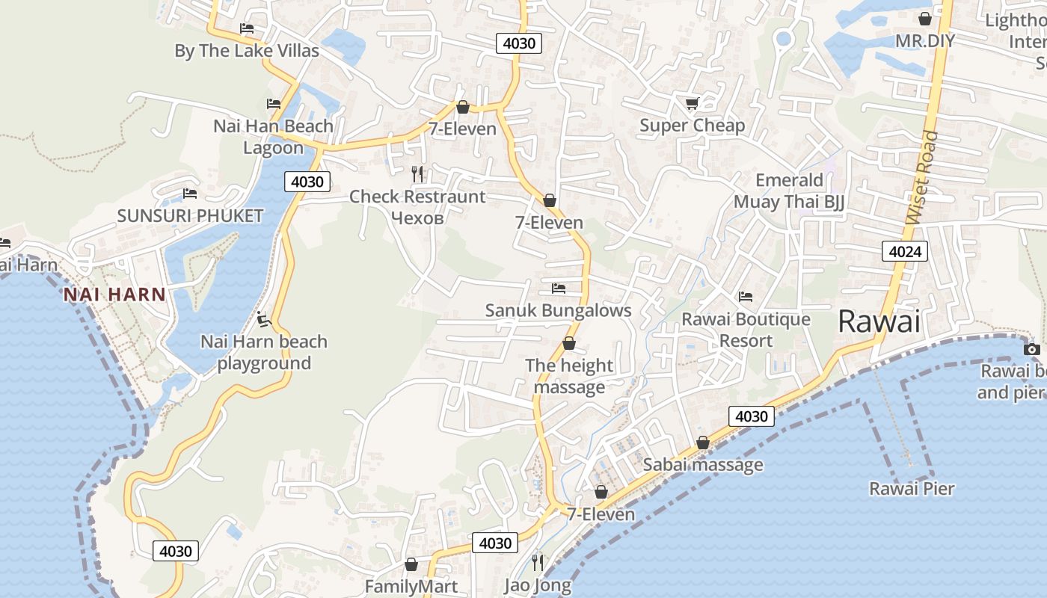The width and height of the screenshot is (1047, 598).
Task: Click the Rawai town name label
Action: tap(879, 321)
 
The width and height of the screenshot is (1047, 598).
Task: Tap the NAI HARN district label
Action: tap(114, 294)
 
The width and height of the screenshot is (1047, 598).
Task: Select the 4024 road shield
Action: tap(904, 251)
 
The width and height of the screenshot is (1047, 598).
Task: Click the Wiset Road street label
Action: tap(921, 177)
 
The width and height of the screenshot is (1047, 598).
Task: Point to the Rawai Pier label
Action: tap(912, 489)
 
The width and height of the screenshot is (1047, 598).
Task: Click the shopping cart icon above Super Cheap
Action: tap(692, 103)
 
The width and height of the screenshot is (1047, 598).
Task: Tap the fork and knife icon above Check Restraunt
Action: tap(418, 174)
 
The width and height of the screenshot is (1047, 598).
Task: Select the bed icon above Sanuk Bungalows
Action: tap(559, 288)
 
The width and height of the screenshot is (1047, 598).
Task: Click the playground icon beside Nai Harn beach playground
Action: tap(262, 319)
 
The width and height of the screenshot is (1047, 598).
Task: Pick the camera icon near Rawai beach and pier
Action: tap(1032, 349)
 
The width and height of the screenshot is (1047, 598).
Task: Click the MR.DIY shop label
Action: tap(925, 40)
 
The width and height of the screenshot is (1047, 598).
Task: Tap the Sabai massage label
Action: tap(703, 464)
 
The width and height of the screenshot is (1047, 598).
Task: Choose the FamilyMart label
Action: tap(411, 586)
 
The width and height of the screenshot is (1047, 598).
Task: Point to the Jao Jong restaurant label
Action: tap(538, 585)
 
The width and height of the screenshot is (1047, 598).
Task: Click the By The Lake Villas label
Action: tap(247, 51)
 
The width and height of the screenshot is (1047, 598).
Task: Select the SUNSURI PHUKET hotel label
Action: tap(190, 216)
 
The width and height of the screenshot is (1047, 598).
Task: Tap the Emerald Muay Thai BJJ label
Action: tap(788, 191)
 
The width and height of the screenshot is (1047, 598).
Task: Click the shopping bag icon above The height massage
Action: tap(569, 343)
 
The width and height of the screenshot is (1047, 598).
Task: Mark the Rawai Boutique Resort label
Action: tap(746, 330)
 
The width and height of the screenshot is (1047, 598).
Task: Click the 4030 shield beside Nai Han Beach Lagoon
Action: tap(307, 182)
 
